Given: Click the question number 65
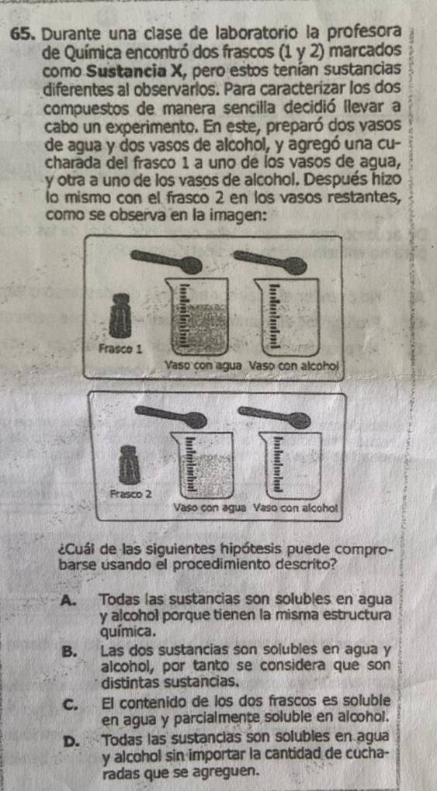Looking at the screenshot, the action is [x=25, y=35].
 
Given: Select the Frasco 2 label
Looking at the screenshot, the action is [x=130, y=493].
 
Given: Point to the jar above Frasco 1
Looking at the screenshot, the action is [x=120, y=316].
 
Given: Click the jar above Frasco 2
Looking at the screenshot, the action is [x=128, y=465].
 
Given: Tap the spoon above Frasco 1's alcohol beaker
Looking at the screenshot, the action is [x=270, y=262].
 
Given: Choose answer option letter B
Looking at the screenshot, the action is [x=69, y=651].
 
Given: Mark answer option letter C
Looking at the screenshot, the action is [x=70, y=703].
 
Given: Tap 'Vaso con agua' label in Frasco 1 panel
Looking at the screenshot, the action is [x=204, y=364].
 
